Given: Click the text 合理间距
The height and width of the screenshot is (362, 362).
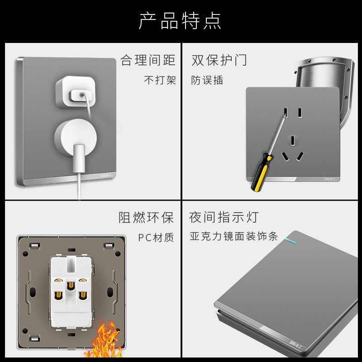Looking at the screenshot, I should [148, 60].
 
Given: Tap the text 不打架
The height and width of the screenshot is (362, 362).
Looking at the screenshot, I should [160, 80].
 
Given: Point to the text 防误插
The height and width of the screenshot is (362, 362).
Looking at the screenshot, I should [207, 80].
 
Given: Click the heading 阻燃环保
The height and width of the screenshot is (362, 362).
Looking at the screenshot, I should [146, 218].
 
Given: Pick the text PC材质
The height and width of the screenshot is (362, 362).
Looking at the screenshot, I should [156, 237].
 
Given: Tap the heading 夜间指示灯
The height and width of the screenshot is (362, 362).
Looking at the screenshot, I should [224, 217].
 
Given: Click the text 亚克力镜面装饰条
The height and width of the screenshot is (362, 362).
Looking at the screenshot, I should [233, 236].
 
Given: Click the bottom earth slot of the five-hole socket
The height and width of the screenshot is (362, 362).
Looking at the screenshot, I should [294, 140].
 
